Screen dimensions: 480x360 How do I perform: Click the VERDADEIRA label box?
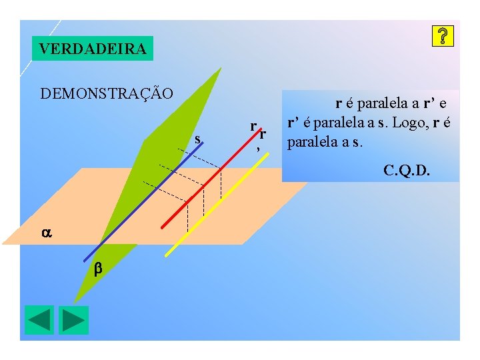93,49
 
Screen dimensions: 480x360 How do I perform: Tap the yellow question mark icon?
443,37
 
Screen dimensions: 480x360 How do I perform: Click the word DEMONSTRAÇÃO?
107,93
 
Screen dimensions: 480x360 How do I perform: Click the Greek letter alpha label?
46,233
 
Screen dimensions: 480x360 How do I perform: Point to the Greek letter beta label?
97,269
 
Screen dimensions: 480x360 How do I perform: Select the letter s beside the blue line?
197,139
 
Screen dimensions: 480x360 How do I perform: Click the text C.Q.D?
407,171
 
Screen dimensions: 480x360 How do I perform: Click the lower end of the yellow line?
167,255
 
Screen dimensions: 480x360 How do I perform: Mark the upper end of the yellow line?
268,155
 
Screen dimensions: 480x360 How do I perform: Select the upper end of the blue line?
204,145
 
